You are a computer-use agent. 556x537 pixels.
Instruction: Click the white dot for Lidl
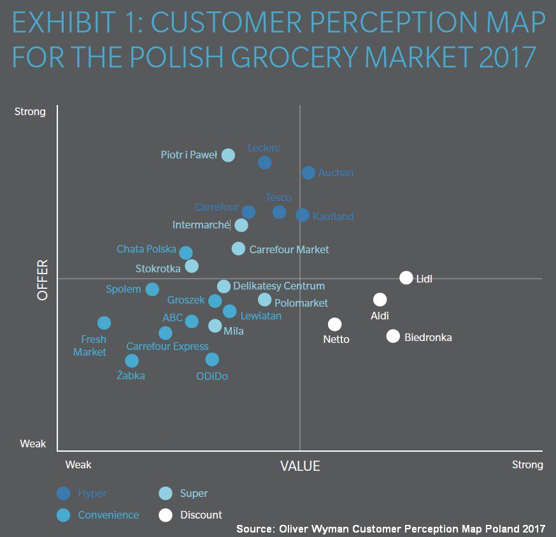coord(406,277)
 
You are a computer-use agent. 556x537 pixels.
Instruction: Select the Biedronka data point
coord(393,337)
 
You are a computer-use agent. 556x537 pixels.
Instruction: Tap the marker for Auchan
coord(308,172)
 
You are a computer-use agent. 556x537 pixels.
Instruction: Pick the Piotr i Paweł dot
coord(228,155)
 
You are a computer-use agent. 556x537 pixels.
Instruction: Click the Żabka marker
coord(132,361)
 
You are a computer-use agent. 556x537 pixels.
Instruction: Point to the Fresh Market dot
coord(104,323)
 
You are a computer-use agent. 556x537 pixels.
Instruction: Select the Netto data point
coord(335,324)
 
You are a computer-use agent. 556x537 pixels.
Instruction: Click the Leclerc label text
coord(264,148)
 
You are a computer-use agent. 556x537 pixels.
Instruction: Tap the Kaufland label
coord(333,216)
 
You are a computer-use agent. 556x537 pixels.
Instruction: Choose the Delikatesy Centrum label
coord(279,286)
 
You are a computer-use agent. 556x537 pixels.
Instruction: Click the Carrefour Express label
coord(168,347)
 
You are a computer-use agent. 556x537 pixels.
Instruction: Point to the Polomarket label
coord(301,303)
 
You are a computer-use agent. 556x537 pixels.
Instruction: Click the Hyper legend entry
coord(92,493)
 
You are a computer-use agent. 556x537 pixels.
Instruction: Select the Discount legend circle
coord(166,515)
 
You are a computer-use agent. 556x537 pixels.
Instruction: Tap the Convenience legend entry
coord(108,515)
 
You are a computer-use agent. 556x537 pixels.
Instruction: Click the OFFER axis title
coord(43,280)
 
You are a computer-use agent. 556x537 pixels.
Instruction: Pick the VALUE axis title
coord(300,466)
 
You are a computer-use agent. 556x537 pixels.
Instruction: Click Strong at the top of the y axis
coord(31,112)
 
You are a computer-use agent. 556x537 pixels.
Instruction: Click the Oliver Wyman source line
coord(390,529)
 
